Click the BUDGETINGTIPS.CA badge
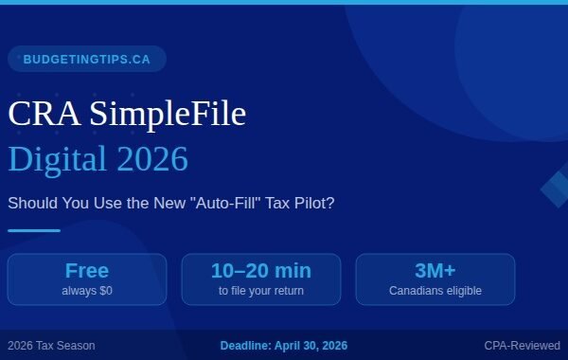86,59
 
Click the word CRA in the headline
44,115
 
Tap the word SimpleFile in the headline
168,115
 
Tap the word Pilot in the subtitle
315,203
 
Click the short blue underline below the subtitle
34,230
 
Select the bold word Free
87,271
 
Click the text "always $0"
87,291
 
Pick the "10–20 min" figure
261,271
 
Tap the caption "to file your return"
261,291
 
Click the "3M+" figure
435,271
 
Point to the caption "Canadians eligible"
435,291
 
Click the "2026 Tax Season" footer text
51,346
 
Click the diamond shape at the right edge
557,188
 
